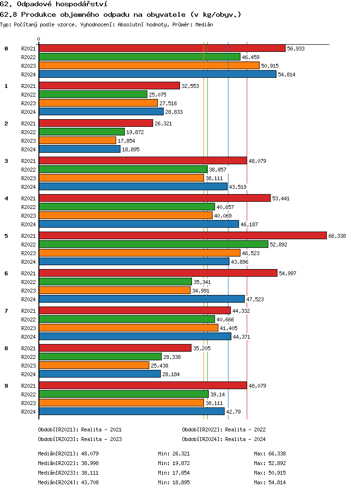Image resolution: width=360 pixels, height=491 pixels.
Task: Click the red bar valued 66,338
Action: tap(182, 235)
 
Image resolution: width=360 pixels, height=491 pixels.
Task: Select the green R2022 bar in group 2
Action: tap(82, 132)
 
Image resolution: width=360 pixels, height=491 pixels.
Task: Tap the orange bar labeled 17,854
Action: tap(77, 140)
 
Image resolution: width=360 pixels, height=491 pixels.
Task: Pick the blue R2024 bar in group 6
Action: tap(142, 299)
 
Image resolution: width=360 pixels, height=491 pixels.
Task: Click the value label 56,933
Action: tap(296, 49)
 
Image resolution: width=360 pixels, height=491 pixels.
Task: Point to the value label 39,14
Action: tap(218, 394)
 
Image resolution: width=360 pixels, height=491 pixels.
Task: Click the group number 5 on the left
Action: tap(6, 236)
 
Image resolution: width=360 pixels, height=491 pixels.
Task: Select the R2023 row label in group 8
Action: tap(28, 366)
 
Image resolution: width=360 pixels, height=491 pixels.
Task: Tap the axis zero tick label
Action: tap(39, 39)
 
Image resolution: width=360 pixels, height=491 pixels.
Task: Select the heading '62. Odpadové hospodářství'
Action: tap(53, 4)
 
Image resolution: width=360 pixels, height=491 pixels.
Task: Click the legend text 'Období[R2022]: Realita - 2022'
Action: tap(224, 430)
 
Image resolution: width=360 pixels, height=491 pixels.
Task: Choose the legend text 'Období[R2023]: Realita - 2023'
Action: tap(80, 439)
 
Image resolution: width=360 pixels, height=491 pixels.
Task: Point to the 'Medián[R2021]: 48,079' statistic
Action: tap(68, 454)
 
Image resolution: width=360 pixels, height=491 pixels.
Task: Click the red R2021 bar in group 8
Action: tap(115, 348)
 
